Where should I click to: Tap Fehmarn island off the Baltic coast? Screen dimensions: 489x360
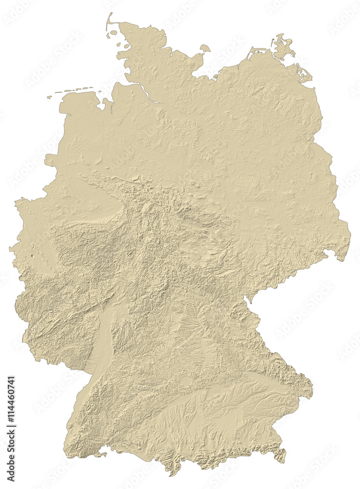[x=205, y=48]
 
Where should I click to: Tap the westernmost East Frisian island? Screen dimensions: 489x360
[x=49, y=97]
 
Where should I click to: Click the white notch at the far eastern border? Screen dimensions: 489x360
[x=329, y=254]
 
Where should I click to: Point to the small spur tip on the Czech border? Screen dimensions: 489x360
[x=245, y=298]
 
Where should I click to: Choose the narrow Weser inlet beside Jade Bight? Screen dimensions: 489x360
[x=112, y=105]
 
